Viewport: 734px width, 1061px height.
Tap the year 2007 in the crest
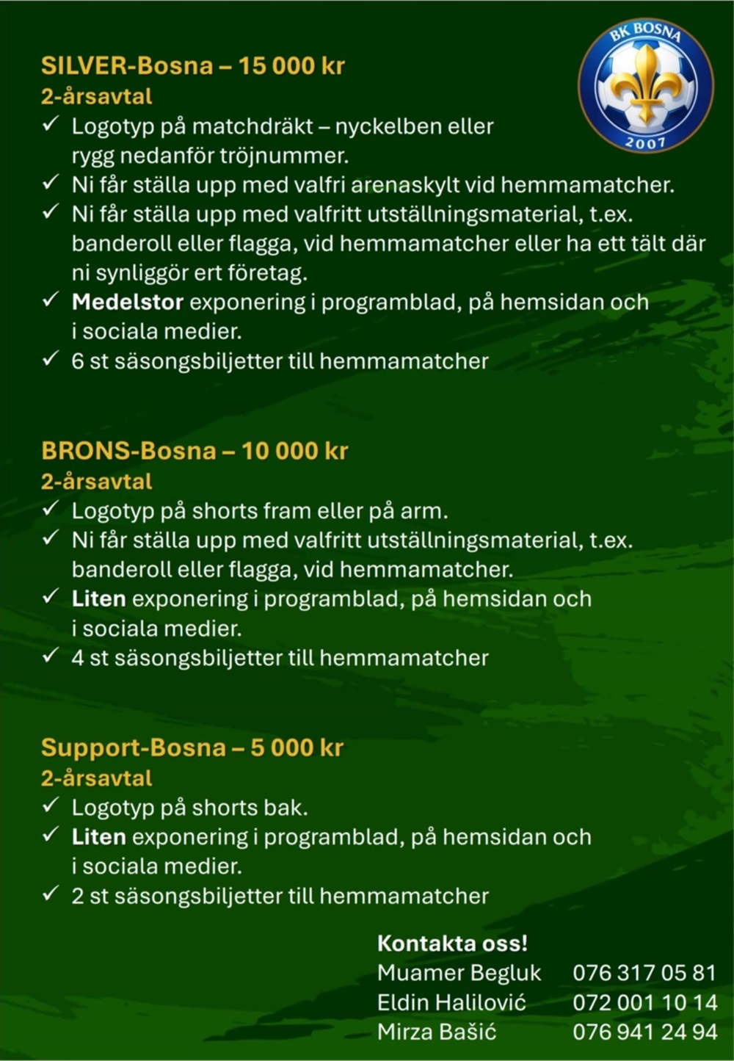point(645,142)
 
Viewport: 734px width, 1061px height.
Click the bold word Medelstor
point(128,302)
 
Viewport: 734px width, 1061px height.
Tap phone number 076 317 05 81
point(644,973)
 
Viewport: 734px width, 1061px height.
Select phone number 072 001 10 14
point(644,1002)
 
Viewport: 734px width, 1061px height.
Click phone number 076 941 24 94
point(644,1032)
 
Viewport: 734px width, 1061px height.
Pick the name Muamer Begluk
point(459,973)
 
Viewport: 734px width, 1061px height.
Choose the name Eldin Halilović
point(451,1002)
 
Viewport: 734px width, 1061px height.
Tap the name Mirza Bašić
point(437,1032)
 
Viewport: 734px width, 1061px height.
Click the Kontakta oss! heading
point(452,944)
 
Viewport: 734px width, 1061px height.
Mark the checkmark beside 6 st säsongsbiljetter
point(50,359)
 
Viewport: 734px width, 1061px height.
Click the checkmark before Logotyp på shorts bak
point(50,805)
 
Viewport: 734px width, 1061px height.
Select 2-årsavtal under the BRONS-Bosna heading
point(96,482)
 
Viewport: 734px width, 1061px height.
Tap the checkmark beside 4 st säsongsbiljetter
point(50,656)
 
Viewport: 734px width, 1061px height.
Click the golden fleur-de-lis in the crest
point(645,82)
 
